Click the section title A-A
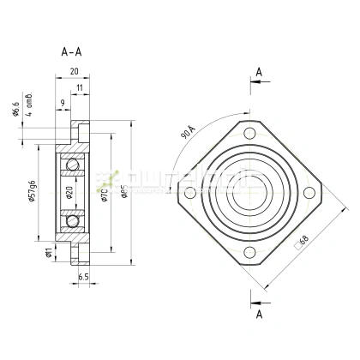coord(71,51)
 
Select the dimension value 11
coord(79,88)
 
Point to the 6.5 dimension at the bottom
coord(83,277)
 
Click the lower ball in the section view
coord(73,222)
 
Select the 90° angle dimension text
coord(188,132)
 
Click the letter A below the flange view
coord(258,314)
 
